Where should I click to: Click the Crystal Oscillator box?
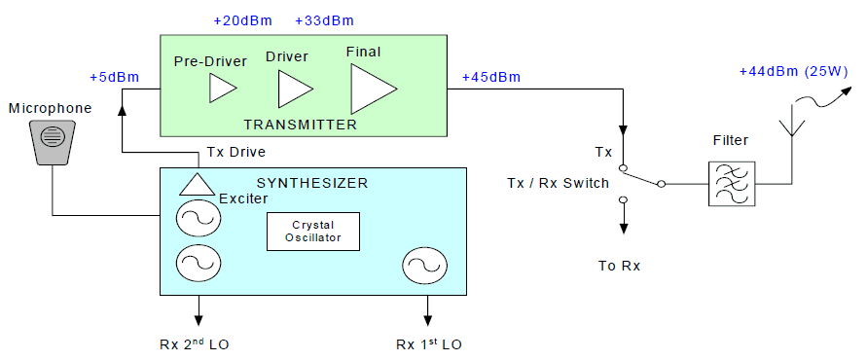click(x=313, y=231)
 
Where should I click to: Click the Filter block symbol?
click(x=731, y=183)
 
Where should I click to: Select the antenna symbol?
click(x=792, y=126)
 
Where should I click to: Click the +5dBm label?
click(x=113, y=77)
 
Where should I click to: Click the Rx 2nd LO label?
click(x=197, y=344)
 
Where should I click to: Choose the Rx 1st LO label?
click(x=430, y=344)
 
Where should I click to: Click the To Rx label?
click(x=620, y=266)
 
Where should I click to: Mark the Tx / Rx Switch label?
click(x=558, y=183)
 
